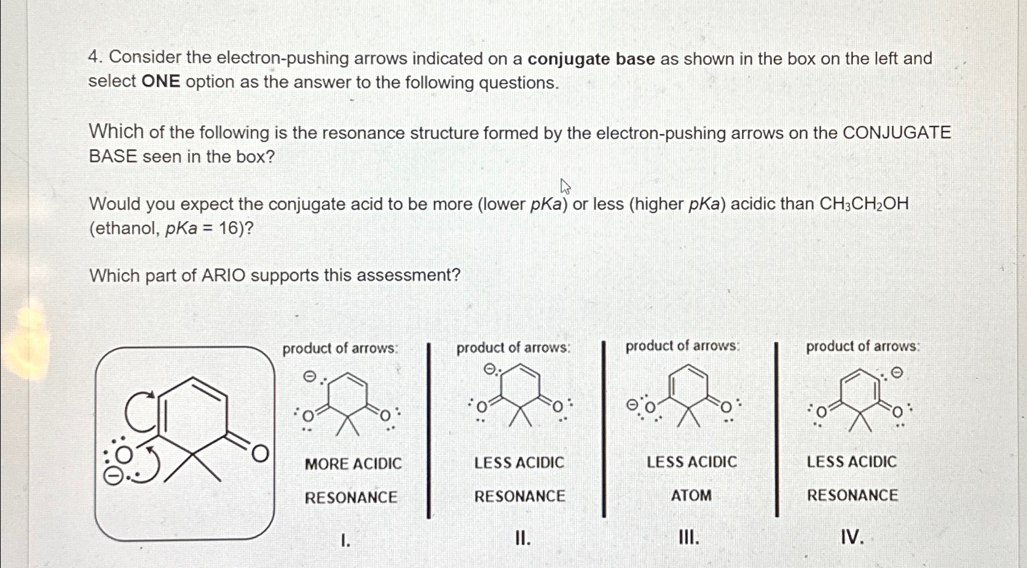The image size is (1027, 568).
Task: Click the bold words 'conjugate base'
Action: tap(591, 59)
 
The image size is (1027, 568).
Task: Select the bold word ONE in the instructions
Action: tap(160, 82)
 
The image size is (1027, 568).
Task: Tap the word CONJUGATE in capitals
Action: tap(896, 133)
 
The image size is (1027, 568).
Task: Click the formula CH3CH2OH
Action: tap(864, 204)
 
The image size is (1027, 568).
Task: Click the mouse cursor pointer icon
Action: tap(565, 187)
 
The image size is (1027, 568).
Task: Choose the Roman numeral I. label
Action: tap(345, 540)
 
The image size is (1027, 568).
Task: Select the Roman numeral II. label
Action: tap(522, 539)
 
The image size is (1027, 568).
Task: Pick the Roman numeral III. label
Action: tap(688, 538)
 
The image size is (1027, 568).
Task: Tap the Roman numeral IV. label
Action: tap(852, 538)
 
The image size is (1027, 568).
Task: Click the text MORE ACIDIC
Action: tap(353, 464)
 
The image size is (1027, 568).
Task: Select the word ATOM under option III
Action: tap(691, 495)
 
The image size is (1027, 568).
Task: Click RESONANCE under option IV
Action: tap(852, 495)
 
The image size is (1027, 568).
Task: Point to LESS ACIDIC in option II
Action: tap(519, 462)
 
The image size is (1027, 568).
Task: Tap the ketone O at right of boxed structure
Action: tap(260, 454)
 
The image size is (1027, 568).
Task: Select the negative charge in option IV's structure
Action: tap(897, 372)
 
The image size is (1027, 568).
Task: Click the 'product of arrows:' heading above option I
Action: tap(340, 348)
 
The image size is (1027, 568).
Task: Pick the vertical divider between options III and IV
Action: tap(777, 430)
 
